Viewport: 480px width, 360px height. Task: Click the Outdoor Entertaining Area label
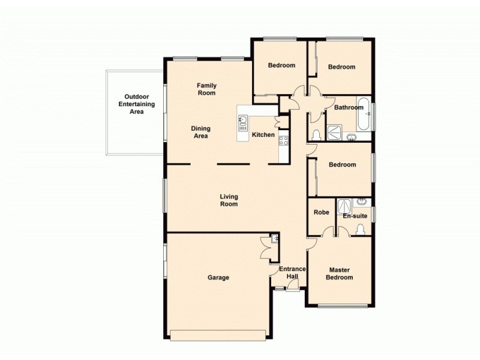pyautogui.click(x=136, y=104)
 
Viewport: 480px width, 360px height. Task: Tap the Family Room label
pyautogui.click(x=206, y=89)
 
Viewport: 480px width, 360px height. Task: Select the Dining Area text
pyautogui.click(x=200, y=132)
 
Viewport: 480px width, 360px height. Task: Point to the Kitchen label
pyautogui.click(x=263, y=135)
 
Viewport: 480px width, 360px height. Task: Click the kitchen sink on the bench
pyautogui.click(x=243, y=123)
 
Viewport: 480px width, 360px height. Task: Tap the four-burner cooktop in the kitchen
pyautogui.click(x=283, y=142)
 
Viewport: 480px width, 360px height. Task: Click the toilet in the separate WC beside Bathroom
pyautogui.click(x=316, y=133)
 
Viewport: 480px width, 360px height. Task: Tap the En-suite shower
pyautogui.click(x=344, y=206)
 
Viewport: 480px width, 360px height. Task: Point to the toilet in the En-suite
pyautogui.click(x=360, y=229)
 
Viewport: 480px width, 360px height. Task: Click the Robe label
pyautogui.click(x=322, y=212)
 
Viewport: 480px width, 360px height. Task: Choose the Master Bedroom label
pyautogui.click(x=339, y=274)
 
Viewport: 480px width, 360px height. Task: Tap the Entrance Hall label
pyautogui.click(x=294, y=272)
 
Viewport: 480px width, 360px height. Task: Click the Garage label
pyautogui.click(x=218, y=278)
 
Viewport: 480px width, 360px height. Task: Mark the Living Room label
pyautogui.click(x=229, y=200)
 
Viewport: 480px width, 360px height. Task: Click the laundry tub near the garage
pyautogui.click(x=274, y=239)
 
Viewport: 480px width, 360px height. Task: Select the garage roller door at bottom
pyautogui.click(x=218, y=335)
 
